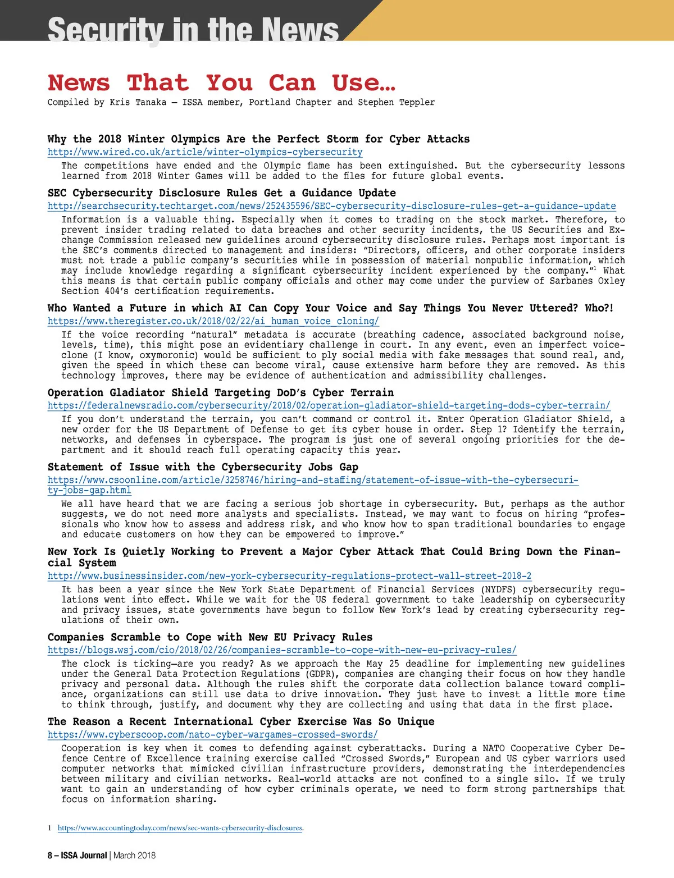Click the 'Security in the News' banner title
coord(193,29)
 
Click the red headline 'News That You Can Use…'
coord(221,83)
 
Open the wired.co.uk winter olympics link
coord(205,152)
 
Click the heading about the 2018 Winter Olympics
coord(258,139)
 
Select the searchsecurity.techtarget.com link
coord(331,206)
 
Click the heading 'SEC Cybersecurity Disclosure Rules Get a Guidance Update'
coord(221,193)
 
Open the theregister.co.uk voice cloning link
coord(213,321)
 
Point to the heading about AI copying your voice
coord(330,308)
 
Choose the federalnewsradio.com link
coord(329,405)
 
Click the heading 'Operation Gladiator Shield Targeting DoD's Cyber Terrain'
coord(220,392)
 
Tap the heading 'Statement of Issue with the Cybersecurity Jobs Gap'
coord(203,467)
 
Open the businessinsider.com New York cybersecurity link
coord(289,576)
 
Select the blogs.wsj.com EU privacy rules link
coord(281,650)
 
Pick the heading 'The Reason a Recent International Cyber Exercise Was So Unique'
coord(241,721)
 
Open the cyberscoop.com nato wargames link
coord(212,735)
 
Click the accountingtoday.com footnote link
coord(180,828)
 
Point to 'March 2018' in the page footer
coord(134,856)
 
